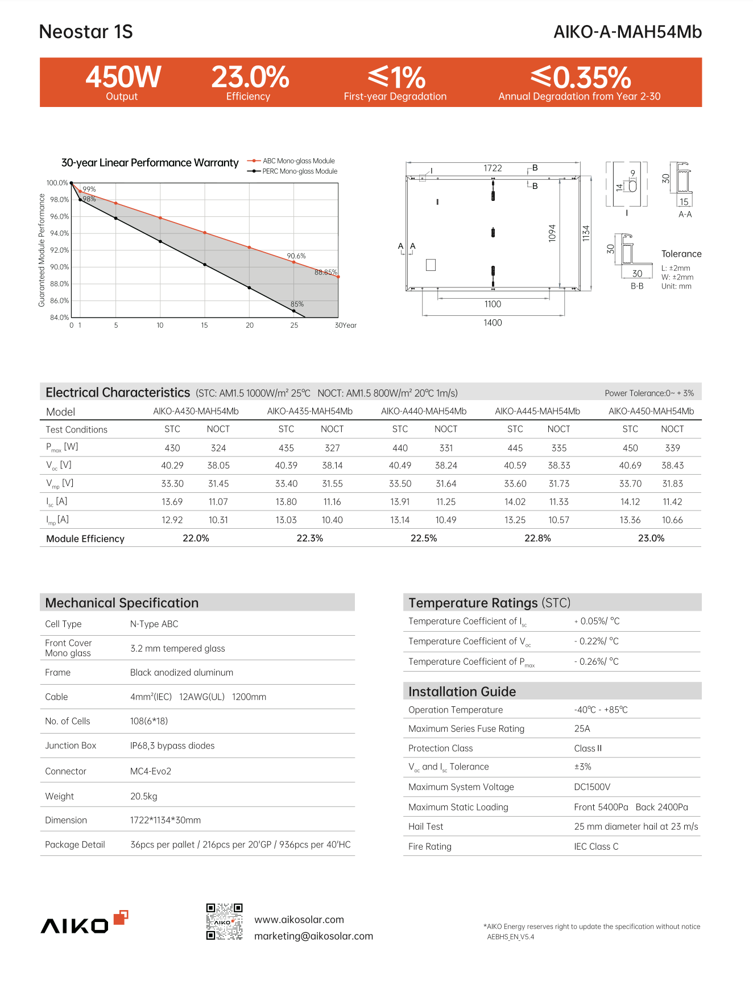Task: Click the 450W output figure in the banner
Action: [123, 77]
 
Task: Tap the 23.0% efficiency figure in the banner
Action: [250, 77]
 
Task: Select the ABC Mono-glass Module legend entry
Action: [298, 161]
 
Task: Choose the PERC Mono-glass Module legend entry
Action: [299, 171]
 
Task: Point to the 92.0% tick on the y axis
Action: [59, 250]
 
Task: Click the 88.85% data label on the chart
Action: [326, 273]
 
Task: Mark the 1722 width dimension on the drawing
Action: [493, 168]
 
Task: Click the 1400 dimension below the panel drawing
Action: [493, 323]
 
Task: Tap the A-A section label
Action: [685, 215]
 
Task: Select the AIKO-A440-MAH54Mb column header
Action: [424, 411]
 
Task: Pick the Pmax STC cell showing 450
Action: [630, 448]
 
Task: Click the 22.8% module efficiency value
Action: [537, 538]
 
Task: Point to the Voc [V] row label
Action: [59, 466]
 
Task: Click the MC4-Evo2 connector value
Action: [151, 771]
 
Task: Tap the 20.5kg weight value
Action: [144, 796]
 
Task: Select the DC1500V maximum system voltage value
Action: [592, 787]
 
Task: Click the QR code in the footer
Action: [224, 921]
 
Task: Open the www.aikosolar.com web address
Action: [299, 920]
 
